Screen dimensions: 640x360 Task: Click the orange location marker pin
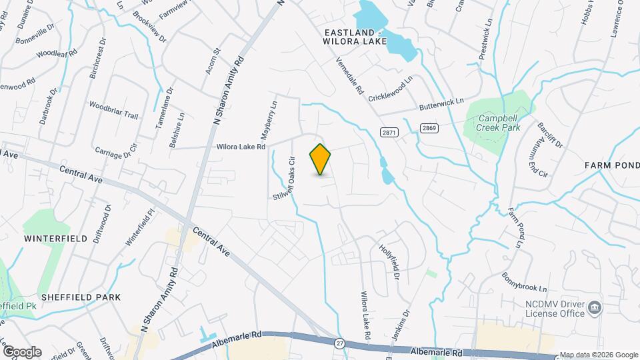(x=320, y=159)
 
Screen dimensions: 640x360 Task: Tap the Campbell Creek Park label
(x=499, y=123)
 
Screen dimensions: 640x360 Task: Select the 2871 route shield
(x=389, y=133)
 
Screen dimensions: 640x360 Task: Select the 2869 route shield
(x=429, y=127)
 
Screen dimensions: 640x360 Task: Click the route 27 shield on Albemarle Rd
(x=339, y=343)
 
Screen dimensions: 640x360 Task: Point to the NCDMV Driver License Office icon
(x=595, y=308)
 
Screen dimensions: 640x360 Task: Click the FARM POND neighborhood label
(x=612, y=165)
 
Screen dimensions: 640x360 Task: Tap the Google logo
(x=21, y=351)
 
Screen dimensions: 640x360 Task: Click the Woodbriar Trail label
(x=113, y=111)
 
